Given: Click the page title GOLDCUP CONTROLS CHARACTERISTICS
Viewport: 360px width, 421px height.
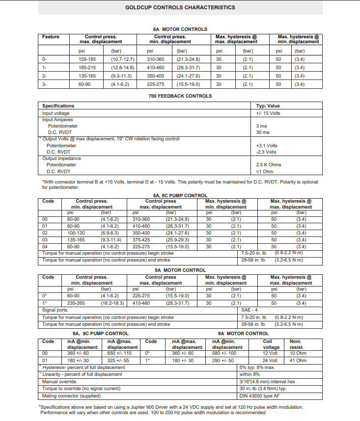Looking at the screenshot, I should (180, 7).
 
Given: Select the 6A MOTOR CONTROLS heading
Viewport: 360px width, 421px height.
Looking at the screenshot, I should (180, 29).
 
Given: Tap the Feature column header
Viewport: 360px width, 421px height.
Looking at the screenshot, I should (51, 37).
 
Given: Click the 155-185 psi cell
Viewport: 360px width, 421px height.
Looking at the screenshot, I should (88, 59).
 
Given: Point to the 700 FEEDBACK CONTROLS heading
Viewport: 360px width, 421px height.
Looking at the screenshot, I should (180, 96).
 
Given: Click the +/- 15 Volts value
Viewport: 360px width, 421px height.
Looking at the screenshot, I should (268, 113).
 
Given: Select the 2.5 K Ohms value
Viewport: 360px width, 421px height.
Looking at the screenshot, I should (269, 165).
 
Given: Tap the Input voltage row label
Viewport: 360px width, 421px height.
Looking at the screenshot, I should (56, 113).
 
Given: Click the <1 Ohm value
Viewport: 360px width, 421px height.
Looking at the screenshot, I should (265, 171).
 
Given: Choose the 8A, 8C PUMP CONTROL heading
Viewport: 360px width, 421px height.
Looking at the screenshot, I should (180, 195).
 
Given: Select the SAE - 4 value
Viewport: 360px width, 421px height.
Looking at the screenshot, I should (250, 310).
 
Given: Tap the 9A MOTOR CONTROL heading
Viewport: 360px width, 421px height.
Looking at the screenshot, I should (243, 334).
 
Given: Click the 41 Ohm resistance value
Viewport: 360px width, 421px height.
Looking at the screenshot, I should (298, 361).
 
